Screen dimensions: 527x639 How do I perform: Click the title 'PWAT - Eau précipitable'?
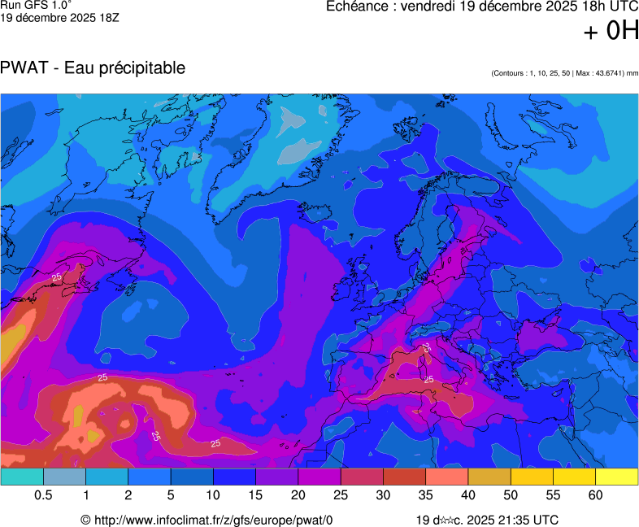(x=93, y=68)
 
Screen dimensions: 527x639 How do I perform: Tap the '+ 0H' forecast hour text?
(x=611, y=32)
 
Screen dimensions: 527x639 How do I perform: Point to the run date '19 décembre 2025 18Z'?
(x=60, y=18)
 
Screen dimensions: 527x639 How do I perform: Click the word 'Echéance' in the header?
(x=359, y=7)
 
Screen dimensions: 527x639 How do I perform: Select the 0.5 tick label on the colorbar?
(x=44, y=495)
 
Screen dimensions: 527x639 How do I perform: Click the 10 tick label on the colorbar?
(x=213, y=495)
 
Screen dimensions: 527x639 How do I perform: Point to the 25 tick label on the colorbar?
(x=341, y=495)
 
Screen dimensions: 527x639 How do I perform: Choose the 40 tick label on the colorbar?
(x=468, y=495)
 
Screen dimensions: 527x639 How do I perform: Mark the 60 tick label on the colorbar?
(x=596, y=495)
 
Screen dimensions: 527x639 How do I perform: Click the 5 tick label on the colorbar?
(x=171, y=495)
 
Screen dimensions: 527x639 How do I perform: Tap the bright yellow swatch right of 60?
(x=617, y=477)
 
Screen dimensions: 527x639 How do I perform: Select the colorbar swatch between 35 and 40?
(x=447, y=477)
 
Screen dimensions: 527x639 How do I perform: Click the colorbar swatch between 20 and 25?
(x=319, y=477)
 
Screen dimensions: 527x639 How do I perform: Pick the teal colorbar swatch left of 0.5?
(x=22, y=477)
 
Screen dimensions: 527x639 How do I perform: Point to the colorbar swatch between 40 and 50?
(x=489, y=477)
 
